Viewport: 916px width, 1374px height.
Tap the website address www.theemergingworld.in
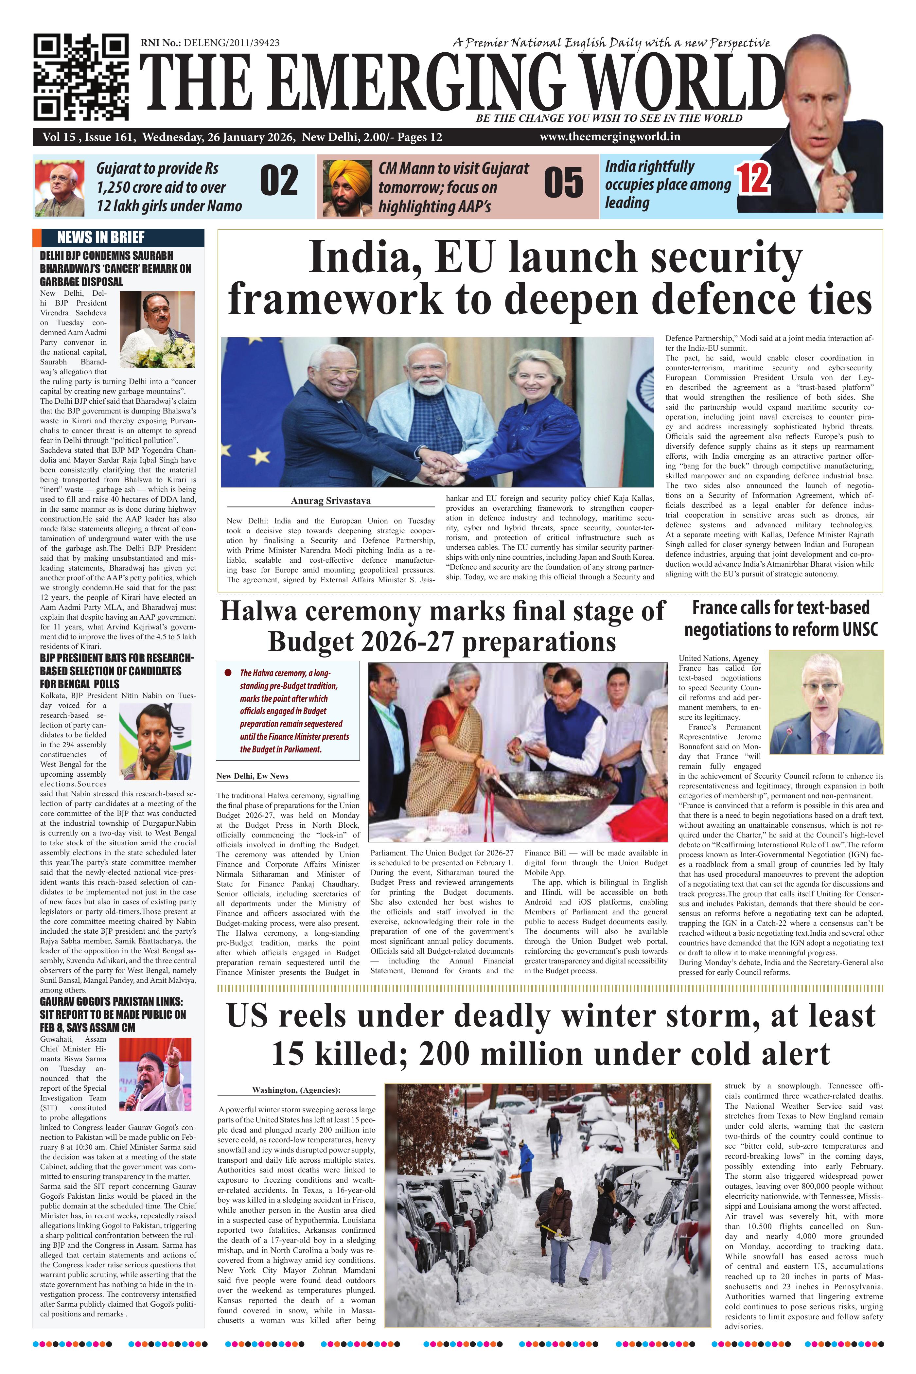610,137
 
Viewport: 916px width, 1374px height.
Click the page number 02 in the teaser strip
279,182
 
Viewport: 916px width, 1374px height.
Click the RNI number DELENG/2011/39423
231,43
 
